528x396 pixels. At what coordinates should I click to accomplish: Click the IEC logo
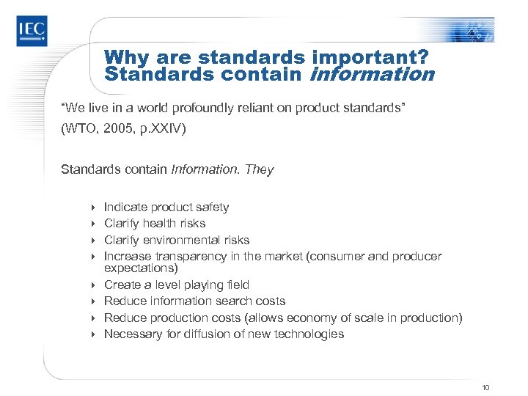(32, 30)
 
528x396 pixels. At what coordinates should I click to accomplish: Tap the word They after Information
(260, 170)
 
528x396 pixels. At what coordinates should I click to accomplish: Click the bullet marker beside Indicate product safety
(94, 208)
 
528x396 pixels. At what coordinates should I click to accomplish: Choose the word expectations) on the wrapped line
(140, 268)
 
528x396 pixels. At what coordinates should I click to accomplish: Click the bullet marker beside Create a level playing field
(94, 285)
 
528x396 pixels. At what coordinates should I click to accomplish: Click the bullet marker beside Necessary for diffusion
(94, 334)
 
